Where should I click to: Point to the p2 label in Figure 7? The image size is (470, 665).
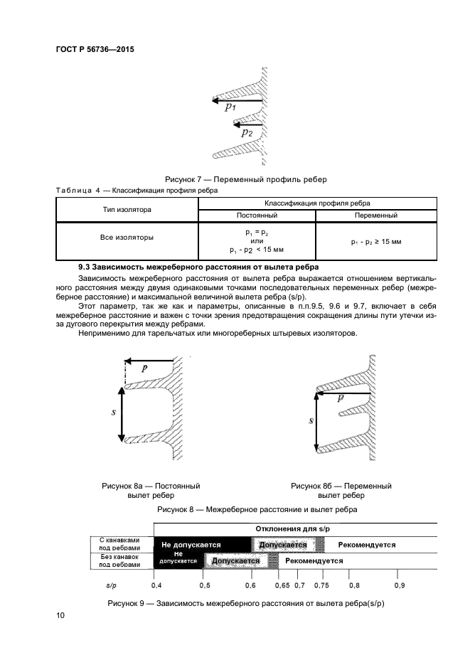[x=247, y=133]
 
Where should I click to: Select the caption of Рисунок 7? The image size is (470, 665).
[x=245, y=179]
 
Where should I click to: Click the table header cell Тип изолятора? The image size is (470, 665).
[x=127, y=209]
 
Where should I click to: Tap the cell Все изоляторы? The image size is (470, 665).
[x=127, y=238]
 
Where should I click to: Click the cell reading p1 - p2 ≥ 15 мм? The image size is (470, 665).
[x=375, y=242]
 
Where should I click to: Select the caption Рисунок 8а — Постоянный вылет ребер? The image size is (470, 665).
[x=151, y=491]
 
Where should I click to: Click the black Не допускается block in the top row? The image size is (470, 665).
[x=191, y=545]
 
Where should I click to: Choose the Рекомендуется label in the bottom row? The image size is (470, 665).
[x=314, y=560]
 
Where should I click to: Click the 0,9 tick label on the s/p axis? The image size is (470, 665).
[x=399, y=585]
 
